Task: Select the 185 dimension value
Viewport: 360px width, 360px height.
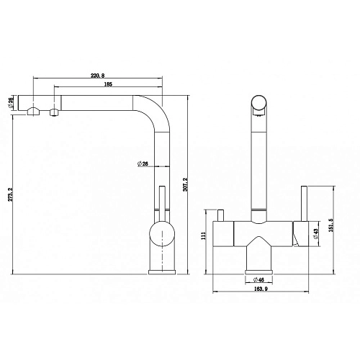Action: [x=107, y=85]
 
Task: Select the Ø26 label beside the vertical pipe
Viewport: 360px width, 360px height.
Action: [x=143, y=165]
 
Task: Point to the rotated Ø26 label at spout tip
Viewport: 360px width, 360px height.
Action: [x=11, y=103]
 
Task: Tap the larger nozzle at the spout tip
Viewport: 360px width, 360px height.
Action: [x=32, y=112]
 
